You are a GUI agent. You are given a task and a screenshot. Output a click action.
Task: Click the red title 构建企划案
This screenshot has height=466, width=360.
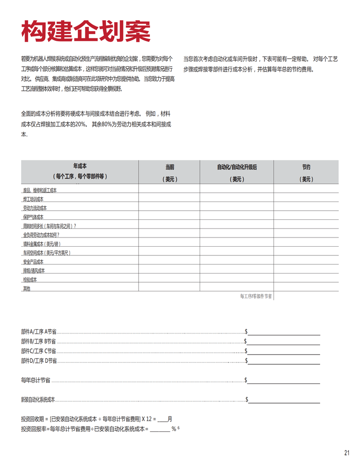tap(86, 32)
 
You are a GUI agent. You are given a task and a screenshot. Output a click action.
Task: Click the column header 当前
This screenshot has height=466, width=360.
tap(169, 167)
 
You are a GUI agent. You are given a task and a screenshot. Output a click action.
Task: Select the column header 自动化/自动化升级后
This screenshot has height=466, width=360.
tap(237, 167)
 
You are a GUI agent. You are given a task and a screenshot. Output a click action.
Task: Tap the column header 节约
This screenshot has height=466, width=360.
tap(306, 167)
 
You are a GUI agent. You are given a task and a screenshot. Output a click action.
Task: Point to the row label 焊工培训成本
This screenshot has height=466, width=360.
tap(33, 199)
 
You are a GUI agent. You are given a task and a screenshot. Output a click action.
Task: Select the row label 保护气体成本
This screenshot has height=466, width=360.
tap(33, 217)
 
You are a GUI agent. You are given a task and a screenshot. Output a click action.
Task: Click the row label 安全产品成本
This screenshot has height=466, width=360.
tap(33, 262)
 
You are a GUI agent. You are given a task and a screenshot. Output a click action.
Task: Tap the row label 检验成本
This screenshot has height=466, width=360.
tap(30, 279)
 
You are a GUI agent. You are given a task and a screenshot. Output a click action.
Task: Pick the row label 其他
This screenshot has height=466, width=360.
tap(26, 288)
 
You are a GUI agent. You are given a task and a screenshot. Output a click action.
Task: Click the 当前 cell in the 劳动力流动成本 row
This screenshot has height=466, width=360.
tap(169, 208)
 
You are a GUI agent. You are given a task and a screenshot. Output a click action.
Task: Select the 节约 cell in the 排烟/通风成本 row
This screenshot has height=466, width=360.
tap(306, 271)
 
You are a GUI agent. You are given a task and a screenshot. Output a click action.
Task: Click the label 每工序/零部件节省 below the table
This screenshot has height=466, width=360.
tap(256, 297)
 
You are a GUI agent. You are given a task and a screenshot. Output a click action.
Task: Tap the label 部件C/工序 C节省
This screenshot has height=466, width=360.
tap(39, 351)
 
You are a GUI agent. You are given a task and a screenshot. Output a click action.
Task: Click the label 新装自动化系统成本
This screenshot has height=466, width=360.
tap(38, 399)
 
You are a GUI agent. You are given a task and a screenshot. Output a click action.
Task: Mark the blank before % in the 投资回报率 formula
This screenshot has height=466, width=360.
tap(160, 430)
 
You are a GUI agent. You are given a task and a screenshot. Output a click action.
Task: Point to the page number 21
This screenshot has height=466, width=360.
tap(347, 453)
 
